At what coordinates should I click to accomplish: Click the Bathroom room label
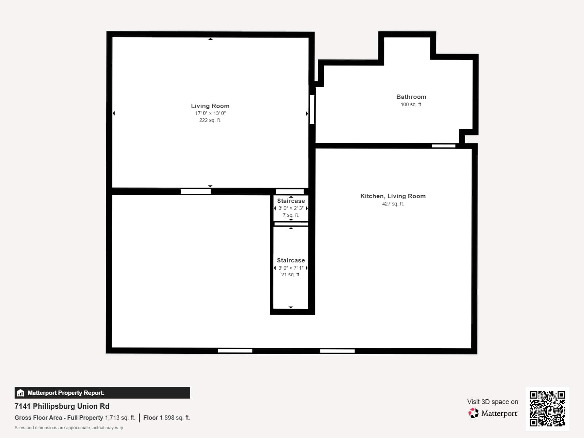411,97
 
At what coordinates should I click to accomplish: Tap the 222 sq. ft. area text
210,120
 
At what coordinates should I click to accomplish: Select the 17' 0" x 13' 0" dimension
210,113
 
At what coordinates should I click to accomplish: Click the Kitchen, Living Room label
393,196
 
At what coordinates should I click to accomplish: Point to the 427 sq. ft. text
393,204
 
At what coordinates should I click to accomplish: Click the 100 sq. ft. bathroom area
411,104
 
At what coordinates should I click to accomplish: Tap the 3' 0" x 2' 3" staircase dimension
291,208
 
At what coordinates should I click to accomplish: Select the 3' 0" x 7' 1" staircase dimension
291,268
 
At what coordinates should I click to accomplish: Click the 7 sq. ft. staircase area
291,215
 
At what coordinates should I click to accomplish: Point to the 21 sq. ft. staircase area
291,274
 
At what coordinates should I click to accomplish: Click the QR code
547,408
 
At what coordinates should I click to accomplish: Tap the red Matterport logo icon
473,413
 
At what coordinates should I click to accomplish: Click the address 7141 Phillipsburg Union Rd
62,406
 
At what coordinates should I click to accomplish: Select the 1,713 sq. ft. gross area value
120,418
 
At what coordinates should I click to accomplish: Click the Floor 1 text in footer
153,418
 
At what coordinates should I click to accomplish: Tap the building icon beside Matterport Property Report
20,393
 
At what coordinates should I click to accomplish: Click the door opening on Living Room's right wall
312,109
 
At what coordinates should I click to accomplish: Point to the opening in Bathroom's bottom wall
443,146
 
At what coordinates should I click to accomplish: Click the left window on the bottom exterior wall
235,351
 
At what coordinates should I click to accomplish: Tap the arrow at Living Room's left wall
114,113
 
